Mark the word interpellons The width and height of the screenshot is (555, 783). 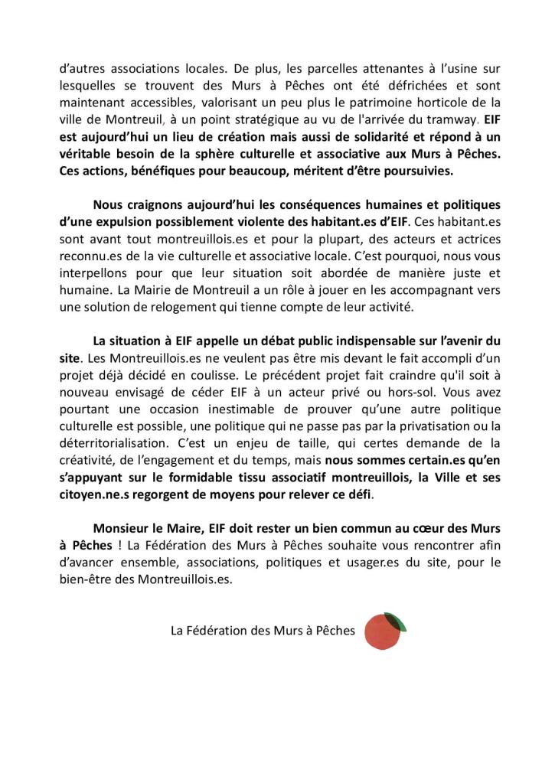pyautogui.click(x=93, y=273)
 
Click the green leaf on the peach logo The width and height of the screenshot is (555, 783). pyautogui.click(x=396, y=621)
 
